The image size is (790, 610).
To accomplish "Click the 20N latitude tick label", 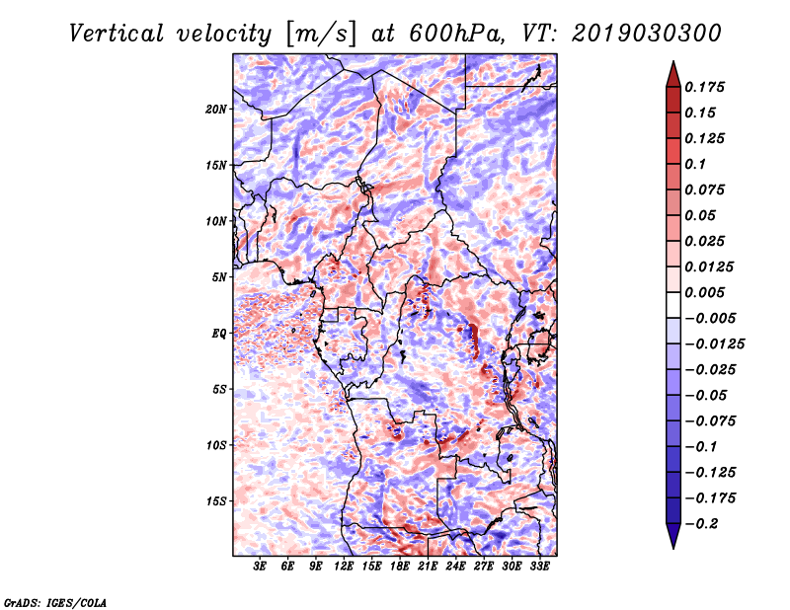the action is tap(216, 110).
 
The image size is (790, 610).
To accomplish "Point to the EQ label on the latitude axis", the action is tap(218, 334).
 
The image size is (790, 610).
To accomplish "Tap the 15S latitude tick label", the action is tap(216, 501).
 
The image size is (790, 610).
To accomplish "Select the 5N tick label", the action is tap(219, 277).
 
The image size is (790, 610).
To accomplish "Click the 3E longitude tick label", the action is tap(260, 567).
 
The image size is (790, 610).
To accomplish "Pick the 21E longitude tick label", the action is tap(428, 567).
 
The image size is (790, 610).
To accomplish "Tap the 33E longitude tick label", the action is tap(539, 567).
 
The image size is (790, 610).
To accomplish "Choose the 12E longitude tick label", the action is tap(344, 567).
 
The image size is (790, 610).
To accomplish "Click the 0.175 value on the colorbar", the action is tap(704, 87).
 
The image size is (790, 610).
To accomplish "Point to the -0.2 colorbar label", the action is tap(701, 524).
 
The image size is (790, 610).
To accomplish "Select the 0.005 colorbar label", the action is tap(704, 292).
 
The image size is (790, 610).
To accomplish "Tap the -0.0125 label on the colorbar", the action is tap(714, 344).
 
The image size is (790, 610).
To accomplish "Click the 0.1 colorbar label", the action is tap(695, 164).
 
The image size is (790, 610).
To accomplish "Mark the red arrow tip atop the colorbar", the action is tap(673, 61).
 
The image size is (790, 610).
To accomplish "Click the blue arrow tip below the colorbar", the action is tap(673, 548).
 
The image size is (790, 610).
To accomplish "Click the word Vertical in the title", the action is tap(117, 34).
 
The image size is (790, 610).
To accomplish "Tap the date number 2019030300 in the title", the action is tap(647, 34).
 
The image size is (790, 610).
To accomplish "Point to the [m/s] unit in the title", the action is tap(321, 34).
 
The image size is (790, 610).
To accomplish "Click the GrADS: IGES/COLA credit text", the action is tap(55, 603).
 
